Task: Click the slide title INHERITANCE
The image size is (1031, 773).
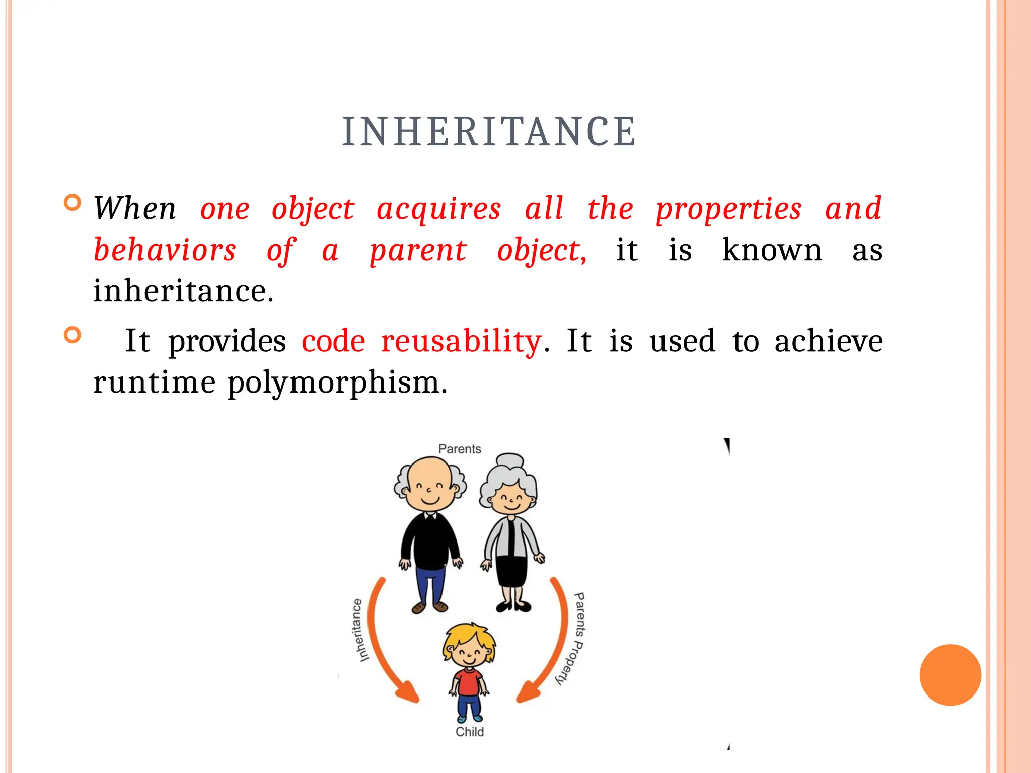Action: [x=489, y=132]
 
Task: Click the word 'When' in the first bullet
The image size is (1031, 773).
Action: [x=135, y=208]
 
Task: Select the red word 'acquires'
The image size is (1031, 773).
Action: [x=438, y=208]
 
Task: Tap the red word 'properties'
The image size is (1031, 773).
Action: [x=728, y=209]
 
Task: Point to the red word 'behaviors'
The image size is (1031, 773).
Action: [x=165, y=250]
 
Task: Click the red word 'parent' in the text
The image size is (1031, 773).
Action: [x=418, y=251]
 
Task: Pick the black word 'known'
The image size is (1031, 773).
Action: [x=772, y=250]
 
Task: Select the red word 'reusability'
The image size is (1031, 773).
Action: [x=461, y=341]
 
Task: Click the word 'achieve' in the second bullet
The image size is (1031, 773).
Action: [x=828, y=341]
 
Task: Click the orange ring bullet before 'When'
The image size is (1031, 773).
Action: [x=73, y=203]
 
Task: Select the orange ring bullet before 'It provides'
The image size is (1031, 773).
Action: [x=73, y=335]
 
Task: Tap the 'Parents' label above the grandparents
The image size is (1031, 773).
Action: [x=460, y=449]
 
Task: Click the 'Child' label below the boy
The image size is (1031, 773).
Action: [x=469, y=732]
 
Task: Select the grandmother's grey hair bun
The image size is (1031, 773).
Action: [x=510, y=461]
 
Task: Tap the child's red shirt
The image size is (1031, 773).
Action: [x=469, y=682]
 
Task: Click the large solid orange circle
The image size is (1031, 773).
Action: [x=950, y=675]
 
